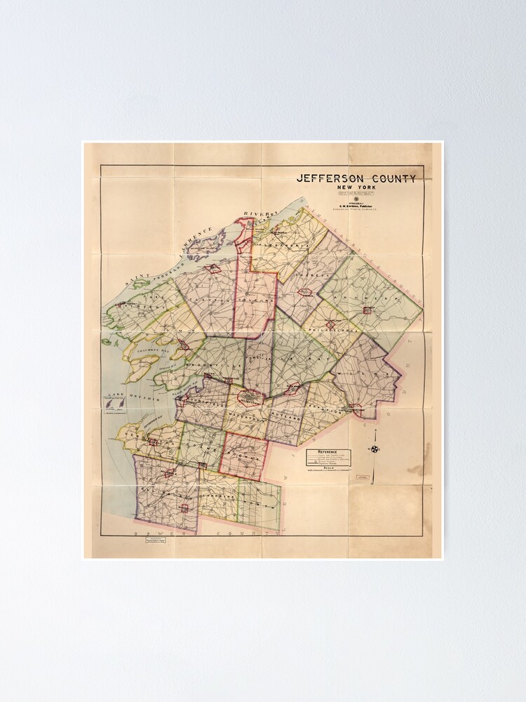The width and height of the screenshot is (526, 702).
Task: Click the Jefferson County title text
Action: [x=356, y=178]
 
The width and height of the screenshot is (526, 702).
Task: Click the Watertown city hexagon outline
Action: [x=250, y=398]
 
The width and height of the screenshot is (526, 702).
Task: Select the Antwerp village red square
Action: [x=367, y=310]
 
